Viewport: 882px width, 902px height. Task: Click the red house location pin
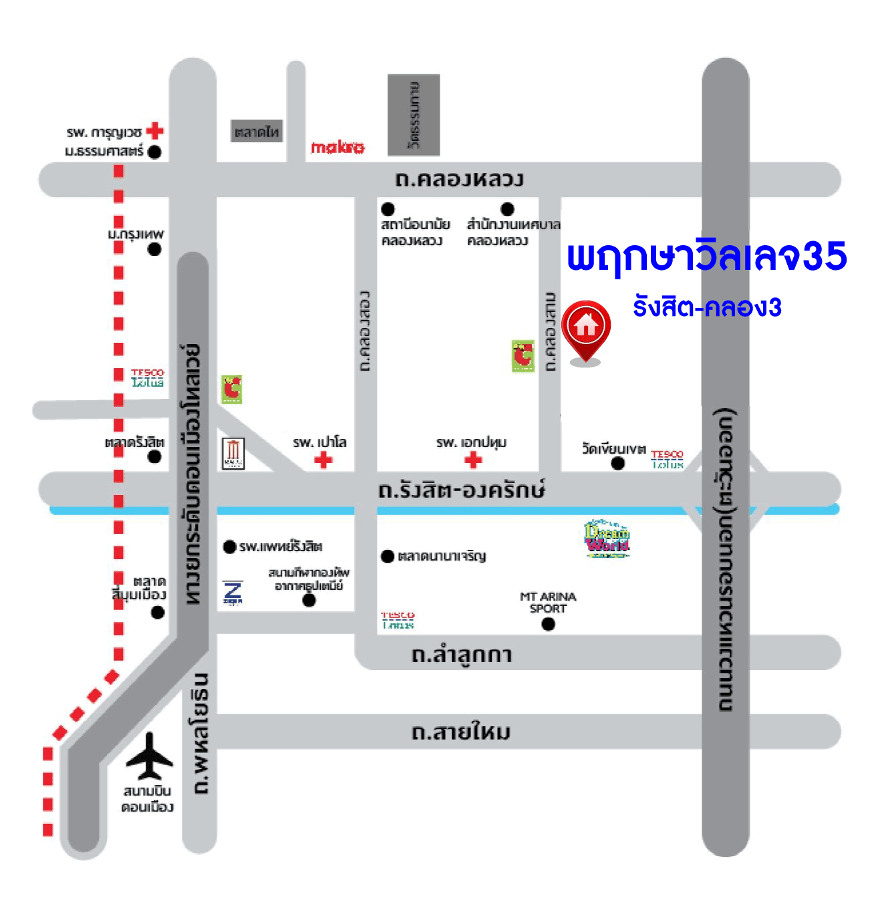pos(585,327)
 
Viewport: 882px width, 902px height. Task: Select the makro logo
pos(337,147)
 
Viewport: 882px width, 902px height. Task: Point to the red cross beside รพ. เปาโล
pos(323,460)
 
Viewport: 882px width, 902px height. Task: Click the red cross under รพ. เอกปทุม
pos(473,460)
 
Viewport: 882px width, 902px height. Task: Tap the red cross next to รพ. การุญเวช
pos(155,130)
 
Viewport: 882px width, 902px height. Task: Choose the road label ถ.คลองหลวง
pos(459,179)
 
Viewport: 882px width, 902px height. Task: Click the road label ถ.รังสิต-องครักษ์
pos(461,490)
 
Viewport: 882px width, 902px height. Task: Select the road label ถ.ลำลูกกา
pos(462,655)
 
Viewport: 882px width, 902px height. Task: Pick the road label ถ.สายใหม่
pos(461,732)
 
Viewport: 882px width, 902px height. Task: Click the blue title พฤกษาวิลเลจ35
pos(706,257)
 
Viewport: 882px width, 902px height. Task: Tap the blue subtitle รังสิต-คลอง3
pos(707,307)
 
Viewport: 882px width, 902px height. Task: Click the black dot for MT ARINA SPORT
pos(549,624)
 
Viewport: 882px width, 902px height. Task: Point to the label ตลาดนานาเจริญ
pos(442,556)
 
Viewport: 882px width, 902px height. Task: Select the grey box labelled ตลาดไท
pos(257,132)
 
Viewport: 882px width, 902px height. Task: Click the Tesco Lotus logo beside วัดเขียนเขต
pos(667,459)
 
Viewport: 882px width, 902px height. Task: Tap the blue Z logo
pos(233,592)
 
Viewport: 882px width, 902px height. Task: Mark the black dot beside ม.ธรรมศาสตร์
pos(154,152)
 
